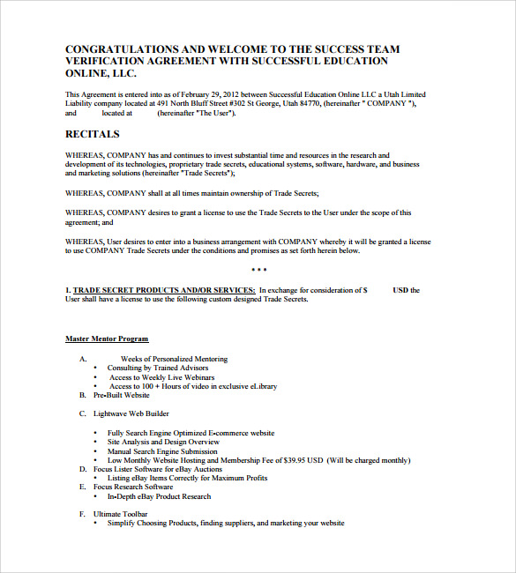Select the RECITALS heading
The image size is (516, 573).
[93, 135]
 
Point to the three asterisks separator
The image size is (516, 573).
[258, 270]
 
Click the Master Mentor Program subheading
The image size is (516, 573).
[107, 339]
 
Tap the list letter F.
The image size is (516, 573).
[82, 513]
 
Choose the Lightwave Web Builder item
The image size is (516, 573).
[131, 413]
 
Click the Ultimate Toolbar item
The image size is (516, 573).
[121, 513]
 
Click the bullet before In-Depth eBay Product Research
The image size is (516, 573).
[96, 496]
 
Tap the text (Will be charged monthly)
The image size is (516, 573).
[368, 460]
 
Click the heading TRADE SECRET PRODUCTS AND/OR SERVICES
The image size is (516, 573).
[164, 290]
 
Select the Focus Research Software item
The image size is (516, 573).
[133, 487]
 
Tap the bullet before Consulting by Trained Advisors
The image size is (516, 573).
[96, 368]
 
